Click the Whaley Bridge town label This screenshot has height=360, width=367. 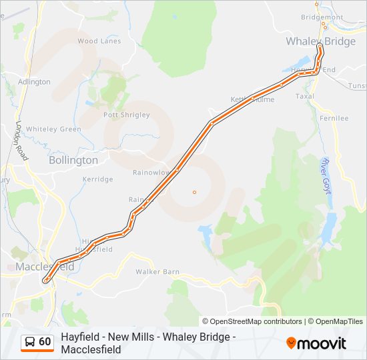[320, 41]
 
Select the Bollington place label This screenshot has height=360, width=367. [73, 160]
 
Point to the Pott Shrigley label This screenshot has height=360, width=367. [127, 115]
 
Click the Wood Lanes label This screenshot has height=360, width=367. [99, 41]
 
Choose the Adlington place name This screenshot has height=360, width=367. [34, 82]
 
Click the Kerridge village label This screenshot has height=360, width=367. [97, 179]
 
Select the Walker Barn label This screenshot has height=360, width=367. [157, 272]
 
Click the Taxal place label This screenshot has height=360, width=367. [304, 96]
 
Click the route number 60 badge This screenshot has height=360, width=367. [45, 342]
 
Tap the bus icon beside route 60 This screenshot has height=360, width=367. [30, 343]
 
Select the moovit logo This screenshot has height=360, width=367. [316, 343]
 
